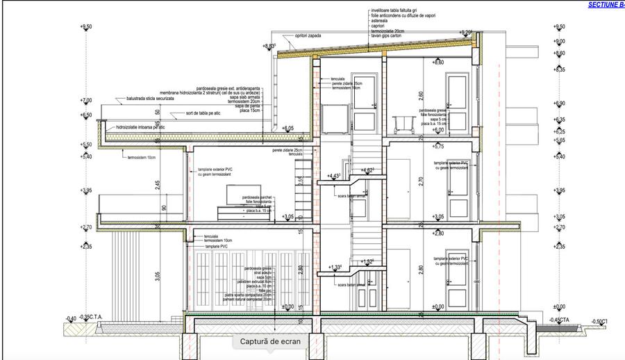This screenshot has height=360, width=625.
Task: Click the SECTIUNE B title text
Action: [x=606, y=4]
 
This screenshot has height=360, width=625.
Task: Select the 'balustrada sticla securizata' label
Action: [x=145, y=100]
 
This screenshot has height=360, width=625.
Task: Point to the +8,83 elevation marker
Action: [x=269, y=46]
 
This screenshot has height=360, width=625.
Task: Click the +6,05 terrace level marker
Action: [x=288, y=128]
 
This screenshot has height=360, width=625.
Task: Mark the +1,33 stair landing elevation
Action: [x=335, y=268]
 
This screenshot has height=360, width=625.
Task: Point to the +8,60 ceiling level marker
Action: [x=437, y=63]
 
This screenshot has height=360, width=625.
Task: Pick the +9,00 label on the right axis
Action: [x=560, y=42]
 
